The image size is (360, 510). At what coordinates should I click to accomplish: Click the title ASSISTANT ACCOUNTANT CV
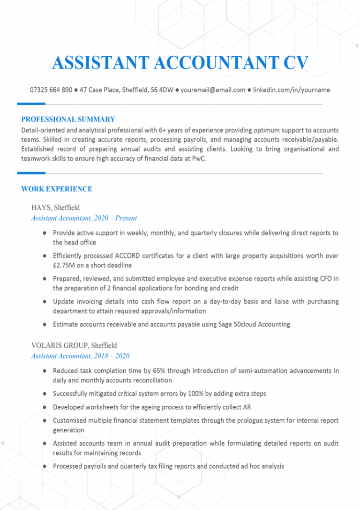coord(180,63)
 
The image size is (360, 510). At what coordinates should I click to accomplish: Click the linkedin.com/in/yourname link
coord(292,90)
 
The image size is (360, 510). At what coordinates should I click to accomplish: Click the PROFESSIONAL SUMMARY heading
coord(68,119)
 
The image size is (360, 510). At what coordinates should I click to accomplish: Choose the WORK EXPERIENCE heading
coord(57,189)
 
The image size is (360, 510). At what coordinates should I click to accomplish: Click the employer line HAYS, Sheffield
coord(56,207)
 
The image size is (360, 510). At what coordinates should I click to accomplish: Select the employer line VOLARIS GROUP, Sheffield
coord(74,345)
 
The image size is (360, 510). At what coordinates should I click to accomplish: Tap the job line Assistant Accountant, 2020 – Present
coord(84,218)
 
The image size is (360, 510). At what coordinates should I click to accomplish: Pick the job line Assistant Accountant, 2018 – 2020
coord(80,356)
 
